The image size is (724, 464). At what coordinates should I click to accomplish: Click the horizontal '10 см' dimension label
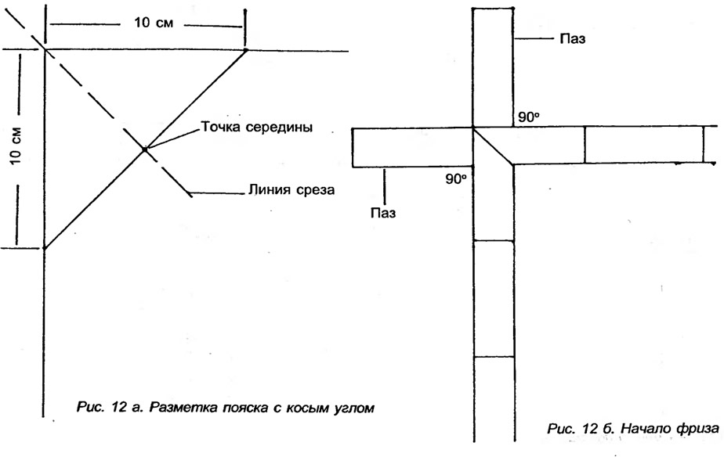(x=154, y=22)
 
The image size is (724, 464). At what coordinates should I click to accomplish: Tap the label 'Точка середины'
(x=257, y=128)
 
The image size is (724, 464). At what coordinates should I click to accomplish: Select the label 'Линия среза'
(x=291, y=189)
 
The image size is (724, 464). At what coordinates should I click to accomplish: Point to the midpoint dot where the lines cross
(x=144, y=149)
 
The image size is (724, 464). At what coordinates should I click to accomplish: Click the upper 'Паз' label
(x=573, y=39)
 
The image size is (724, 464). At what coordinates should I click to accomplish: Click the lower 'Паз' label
(x=383, y=213)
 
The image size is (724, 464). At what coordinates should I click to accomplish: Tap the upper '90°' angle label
(x=529, y=117)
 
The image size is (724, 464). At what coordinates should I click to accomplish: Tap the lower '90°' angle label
(x=456, y=179)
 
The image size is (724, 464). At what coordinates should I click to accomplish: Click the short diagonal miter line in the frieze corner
(x=493, y=146)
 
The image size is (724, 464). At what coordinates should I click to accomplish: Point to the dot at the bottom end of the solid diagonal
(x=45, y=248)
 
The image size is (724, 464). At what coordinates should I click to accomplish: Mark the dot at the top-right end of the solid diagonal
(x=246, y=49)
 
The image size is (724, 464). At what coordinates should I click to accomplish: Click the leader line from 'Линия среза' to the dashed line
(x=216, y=192)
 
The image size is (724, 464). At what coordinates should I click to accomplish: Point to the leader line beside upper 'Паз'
(x=534, y=39)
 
